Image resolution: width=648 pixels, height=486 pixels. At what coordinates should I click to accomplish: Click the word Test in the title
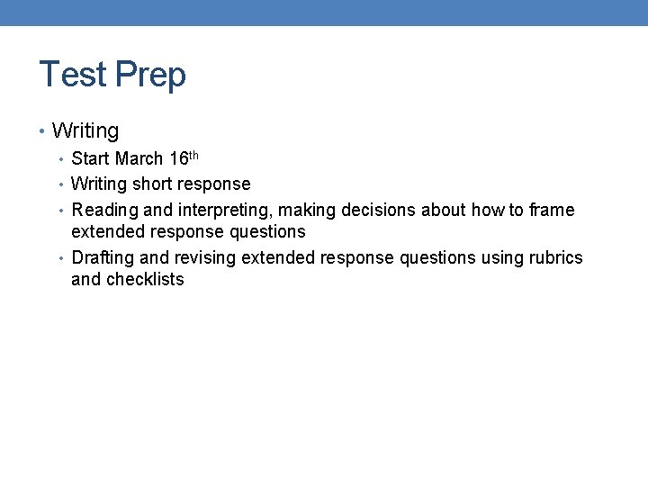73,74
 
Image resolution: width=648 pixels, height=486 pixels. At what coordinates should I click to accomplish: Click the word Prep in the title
149,76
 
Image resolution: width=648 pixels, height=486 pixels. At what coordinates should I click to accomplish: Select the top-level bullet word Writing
85,131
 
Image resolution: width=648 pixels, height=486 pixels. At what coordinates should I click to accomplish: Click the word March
139,159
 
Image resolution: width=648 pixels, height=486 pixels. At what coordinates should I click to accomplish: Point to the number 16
178,159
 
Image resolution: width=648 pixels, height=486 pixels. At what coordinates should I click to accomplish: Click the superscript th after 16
193,155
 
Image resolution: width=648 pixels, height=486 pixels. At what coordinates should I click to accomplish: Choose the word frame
551,211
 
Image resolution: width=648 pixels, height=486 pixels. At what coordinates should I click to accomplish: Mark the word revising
204,258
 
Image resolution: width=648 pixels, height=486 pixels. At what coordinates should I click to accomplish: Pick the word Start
90,159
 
